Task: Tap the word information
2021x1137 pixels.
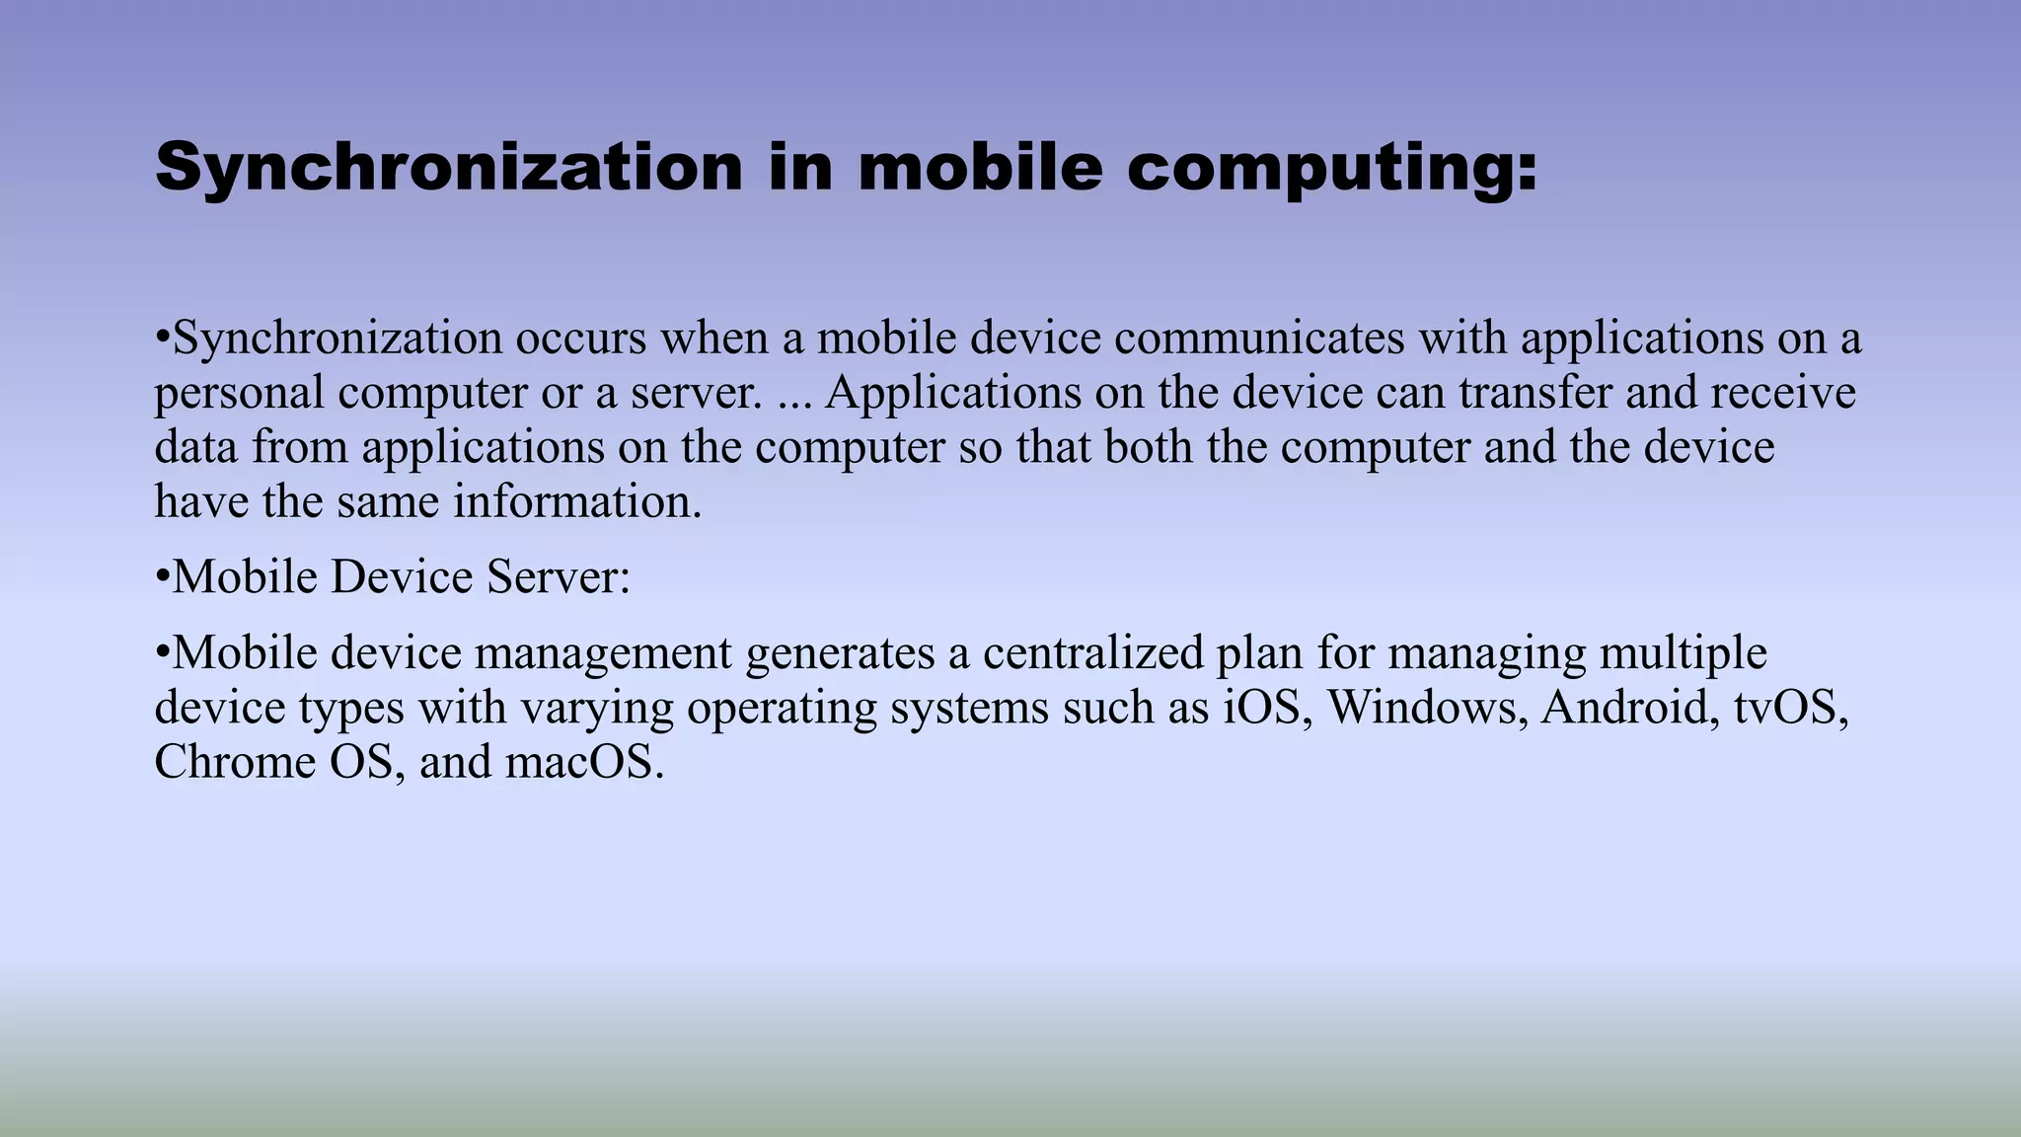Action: pos(577,501)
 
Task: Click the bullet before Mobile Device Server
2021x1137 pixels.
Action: pos(163,577)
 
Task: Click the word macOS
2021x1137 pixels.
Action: pos(584,762)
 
